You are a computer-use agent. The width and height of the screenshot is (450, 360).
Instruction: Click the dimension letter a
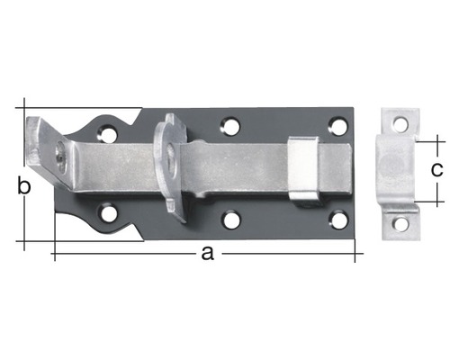tap(207, 255)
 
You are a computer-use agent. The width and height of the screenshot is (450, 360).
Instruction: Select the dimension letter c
tap(436, 168)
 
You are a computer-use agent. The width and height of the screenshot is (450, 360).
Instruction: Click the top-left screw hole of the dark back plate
tap(109, 136)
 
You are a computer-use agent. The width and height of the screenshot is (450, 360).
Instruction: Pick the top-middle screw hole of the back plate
tap(230, 126)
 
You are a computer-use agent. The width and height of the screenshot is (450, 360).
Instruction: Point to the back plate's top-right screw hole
tap(337, 126)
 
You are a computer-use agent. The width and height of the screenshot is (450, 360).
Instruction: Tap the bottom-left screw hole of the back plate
tap(109, 214)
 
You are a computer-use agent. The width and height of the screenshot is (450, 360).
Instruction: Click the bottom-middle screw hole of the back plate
tap(231, 219)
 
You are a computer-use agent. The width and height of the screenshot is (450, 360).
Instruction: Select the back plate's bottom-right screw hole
tap(338, 219)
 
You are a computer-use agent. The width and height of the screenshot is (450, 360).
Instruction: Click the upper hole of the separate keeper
tap(400, 124)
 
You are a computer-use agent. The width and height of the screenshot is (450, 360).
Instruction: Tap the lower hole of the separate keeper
tap(400, 221)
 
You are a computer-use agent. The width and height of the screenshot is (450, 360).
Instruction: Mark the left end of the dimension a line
tap(54, 256)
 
